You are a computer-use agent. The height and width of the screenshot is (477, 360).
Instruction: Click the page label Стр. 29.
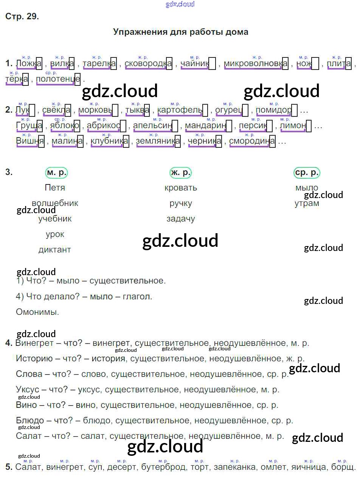pos(22,16)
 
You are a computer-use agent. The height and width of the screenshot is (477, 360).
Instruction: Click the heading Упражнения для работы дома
pos(180,32)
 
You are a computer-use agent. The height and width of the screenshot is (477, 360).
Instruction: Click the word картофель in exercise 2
pos(180,110)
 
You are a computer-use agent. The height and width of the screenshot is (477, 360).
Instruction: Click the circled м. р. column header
pos(56,173)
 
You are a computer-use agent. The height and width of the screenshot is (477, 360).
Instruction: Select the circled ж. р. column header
pos(181,173)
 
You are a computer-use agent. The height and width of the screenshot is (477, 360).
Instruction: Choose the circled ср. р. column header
pos(307,173)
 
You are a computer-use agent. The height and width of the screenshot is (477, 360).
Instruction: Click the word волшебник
pos(55,203)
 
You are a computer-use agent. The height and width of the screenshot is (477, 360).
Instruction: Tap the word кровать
pos(181,188)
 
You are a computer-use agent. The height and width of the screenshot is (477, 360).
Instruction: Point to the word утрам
pos(307,203)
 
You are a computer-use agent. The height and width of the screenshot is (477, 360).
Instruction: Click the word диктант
pos(55,250)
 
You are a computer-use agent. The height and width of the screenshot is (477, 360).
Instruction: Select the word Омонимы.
pos(37,312)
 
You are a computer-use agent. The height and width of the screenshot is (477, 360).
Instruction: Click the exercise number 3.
pos(9,172)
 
